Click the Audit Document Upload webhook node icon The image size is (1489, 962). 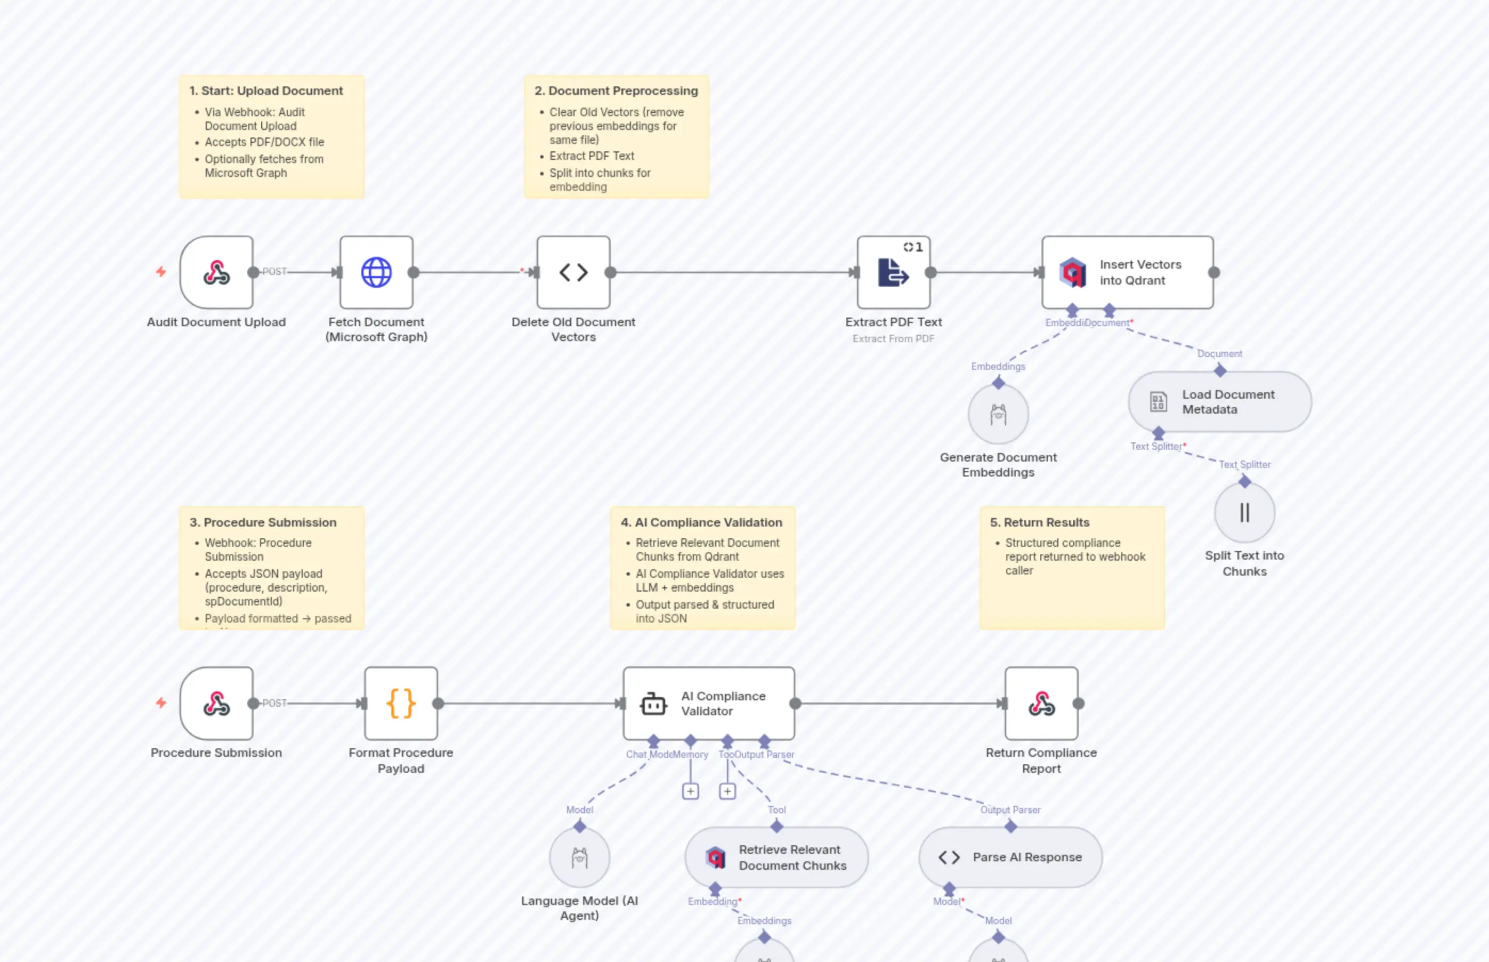[x=216, y=272]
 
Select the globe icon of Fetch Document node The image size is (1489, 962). [x=376, y=272]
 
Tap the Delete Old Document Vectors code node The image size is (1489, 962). [x=573, y=272]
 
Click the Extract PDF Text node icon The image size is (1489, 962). [x=893, y=272]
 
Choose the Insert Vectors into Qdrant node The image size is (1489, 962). [x=1127, y=272]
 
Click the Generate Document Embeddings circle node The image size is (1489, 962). [x=998, y=414]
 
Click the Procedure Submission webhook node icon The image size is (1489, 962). [x=216, y=704]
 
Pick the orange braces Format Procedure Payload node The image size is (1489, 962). [x=400, y=704]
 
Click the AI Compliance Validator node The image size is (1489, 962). [x=708, y=704]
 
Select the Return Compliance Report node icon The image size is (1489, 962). [x=1041, y=704]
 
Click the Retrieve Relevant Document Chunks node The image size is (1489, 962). [x=776, y=858]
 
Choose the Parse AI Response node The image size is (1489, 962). [x=1009, y=858]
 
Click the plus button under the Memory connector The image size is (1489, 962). [x=690, y=791]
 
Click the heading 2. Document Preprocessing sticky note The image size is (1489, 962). [x=616, y=91]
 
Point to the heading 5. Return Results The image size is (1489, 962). [x=1039, y=522]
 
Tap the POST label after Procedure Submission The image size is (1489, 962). [x=274, y=703]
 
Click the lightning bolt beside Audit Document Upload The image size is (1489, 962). [x=161, y=271]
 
